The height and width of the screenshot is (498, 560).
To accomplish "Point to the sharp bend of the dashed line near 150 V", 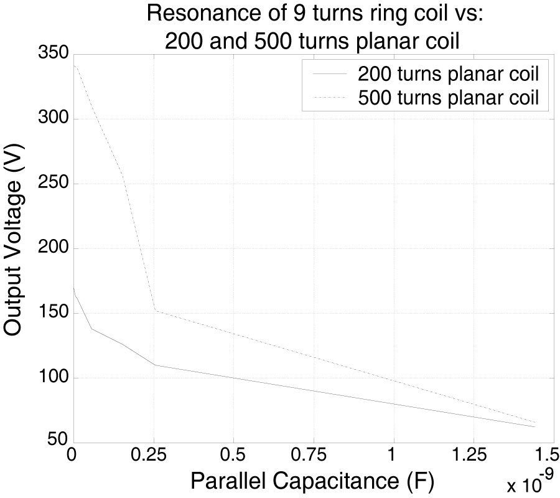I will click(x=154, y=310).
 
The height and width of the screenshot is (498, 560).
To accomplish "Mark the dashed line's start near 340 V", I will click(x=74, y=65).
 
